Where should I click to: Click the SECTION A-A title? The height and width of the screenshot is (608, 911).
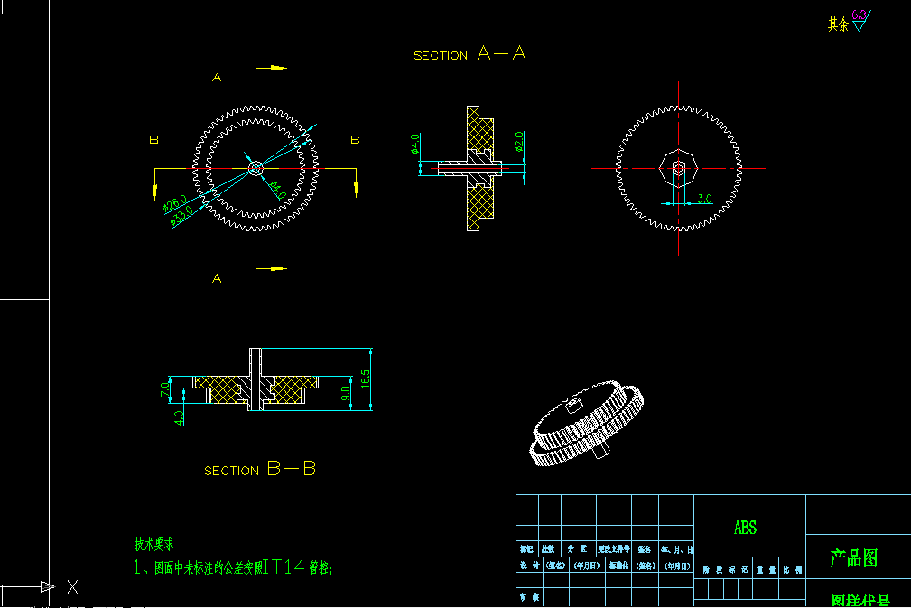click(469, 54)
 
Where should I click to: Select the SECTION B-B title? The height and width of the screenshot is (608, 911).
click(260, 470)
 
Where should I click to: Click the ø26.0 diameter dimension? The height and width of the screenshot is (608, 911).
click(174, 203)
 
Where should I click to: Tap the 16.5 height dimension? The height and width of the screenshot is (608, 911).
click(365, 379)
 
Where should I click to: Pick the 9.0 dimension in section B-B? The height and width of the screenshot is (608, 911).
click(345, 394)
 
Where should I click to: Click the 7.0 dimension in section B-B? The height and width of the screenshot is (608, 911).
click(164, 389)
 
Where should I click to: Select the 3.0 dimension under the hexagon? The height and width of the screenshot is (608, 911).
click(704, 198)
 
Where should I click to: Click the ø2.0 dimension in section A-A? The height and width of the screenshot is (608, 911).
click(519, 142)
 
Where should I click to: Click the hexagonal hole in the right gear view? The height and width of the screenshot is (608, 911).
click(677, 168)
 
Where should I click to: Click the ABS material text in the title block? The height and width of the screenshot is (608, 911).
click(745, 528)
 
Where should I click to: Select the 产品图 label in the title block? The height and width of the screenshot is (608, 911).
click(853, 558)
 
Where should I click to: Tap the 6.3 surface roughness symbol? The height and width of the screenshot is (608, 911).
click(859, 18)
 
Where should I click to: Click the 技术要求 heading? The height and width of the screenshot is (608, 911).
click(153, 544)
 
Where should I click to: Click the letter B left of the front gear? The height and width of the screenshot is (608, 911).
click(154, 140)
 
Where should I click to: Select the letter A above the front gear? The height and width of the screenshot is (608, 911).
click(217, 78)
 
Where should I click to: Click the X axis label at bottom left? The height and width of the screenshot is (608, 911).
click(73, 587)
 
